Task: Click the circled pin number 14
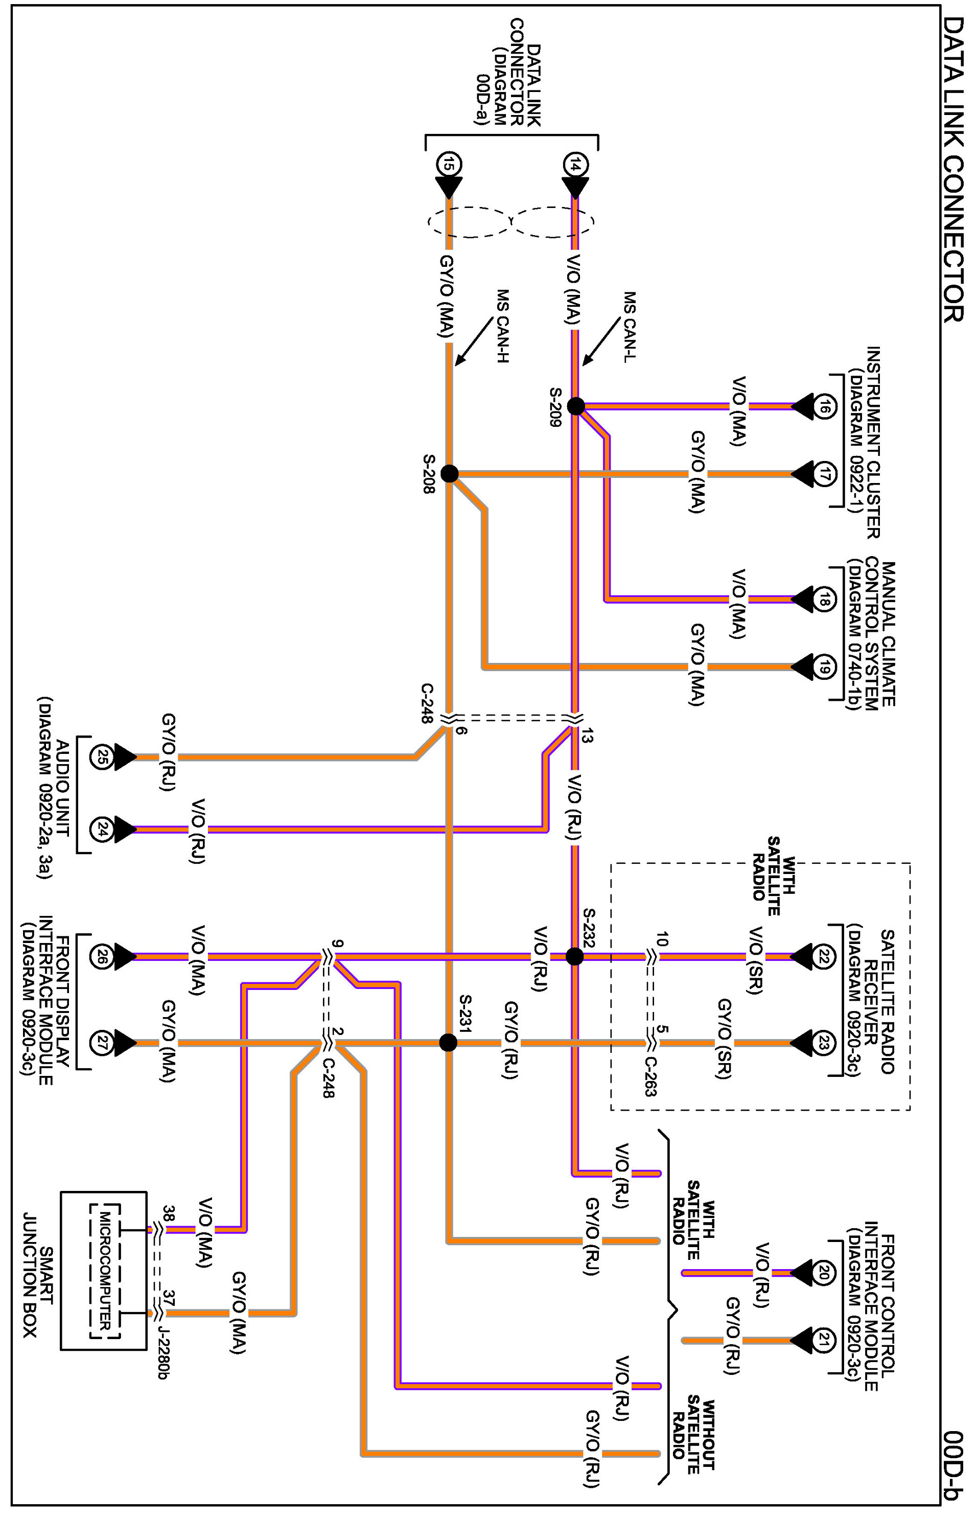pyautogui.click(x=574, y=166)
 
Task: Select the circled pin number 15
pyautogui.click(x=449, y=166)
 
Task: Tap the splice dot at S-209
pyautogui.click(x=575, y=406)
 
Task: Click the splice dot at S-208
pyautogui.click(x=449, y=473)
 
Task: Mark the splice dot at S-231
pyautogui.click(x=448, y=1043)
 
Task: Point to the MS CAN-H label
pyautogui.click(x=502, y=327)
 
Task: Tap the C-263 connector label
pyautogui.click(x=651, y=1077)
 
